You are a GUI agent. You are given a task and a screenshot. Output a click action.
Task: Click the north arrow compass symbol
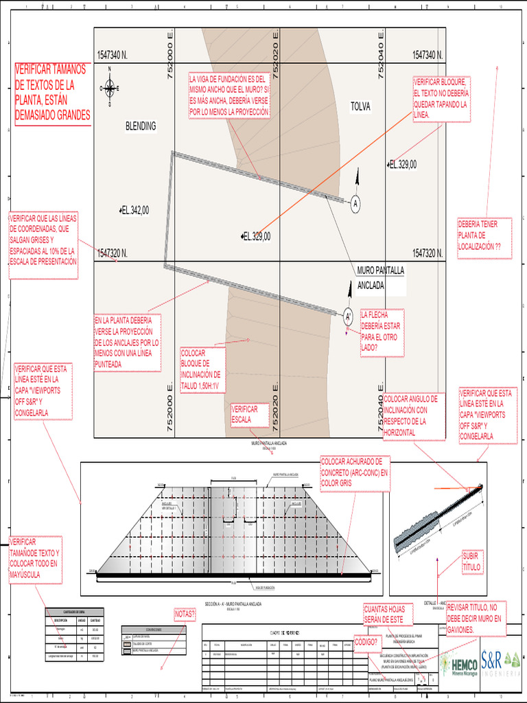[x=110, y=89]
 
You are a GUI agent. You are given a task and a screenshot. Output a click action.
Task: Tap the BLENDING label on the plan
[x=140, y=126]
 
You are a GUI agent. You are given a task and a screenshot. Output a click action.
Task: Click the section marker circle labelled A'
[x=348, y=316]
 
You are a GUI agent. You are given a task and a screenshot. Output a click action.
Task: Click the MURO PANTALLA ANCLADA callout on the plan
[x=380, y=278]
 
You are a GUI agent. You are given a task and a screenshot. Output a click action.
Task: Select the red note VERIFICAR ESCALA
[x=245, y=415]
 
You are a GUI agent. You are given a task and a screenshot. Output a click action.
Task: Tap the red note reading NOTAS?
[x=185, y=614]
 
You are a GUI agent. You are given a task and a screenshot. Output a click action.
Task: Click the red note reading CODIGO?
[x=367, y=641]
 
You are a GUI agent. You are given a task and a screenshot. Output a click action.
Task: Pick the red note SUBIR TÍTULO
[x=472, y=562]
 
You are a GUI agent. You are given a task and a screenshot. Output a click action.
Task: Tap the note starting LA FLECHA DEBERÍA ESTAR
[x=380, y=331]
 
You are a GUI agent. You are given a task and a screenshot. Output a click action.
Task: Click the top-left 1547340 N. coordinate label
[x=113, y=55]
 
